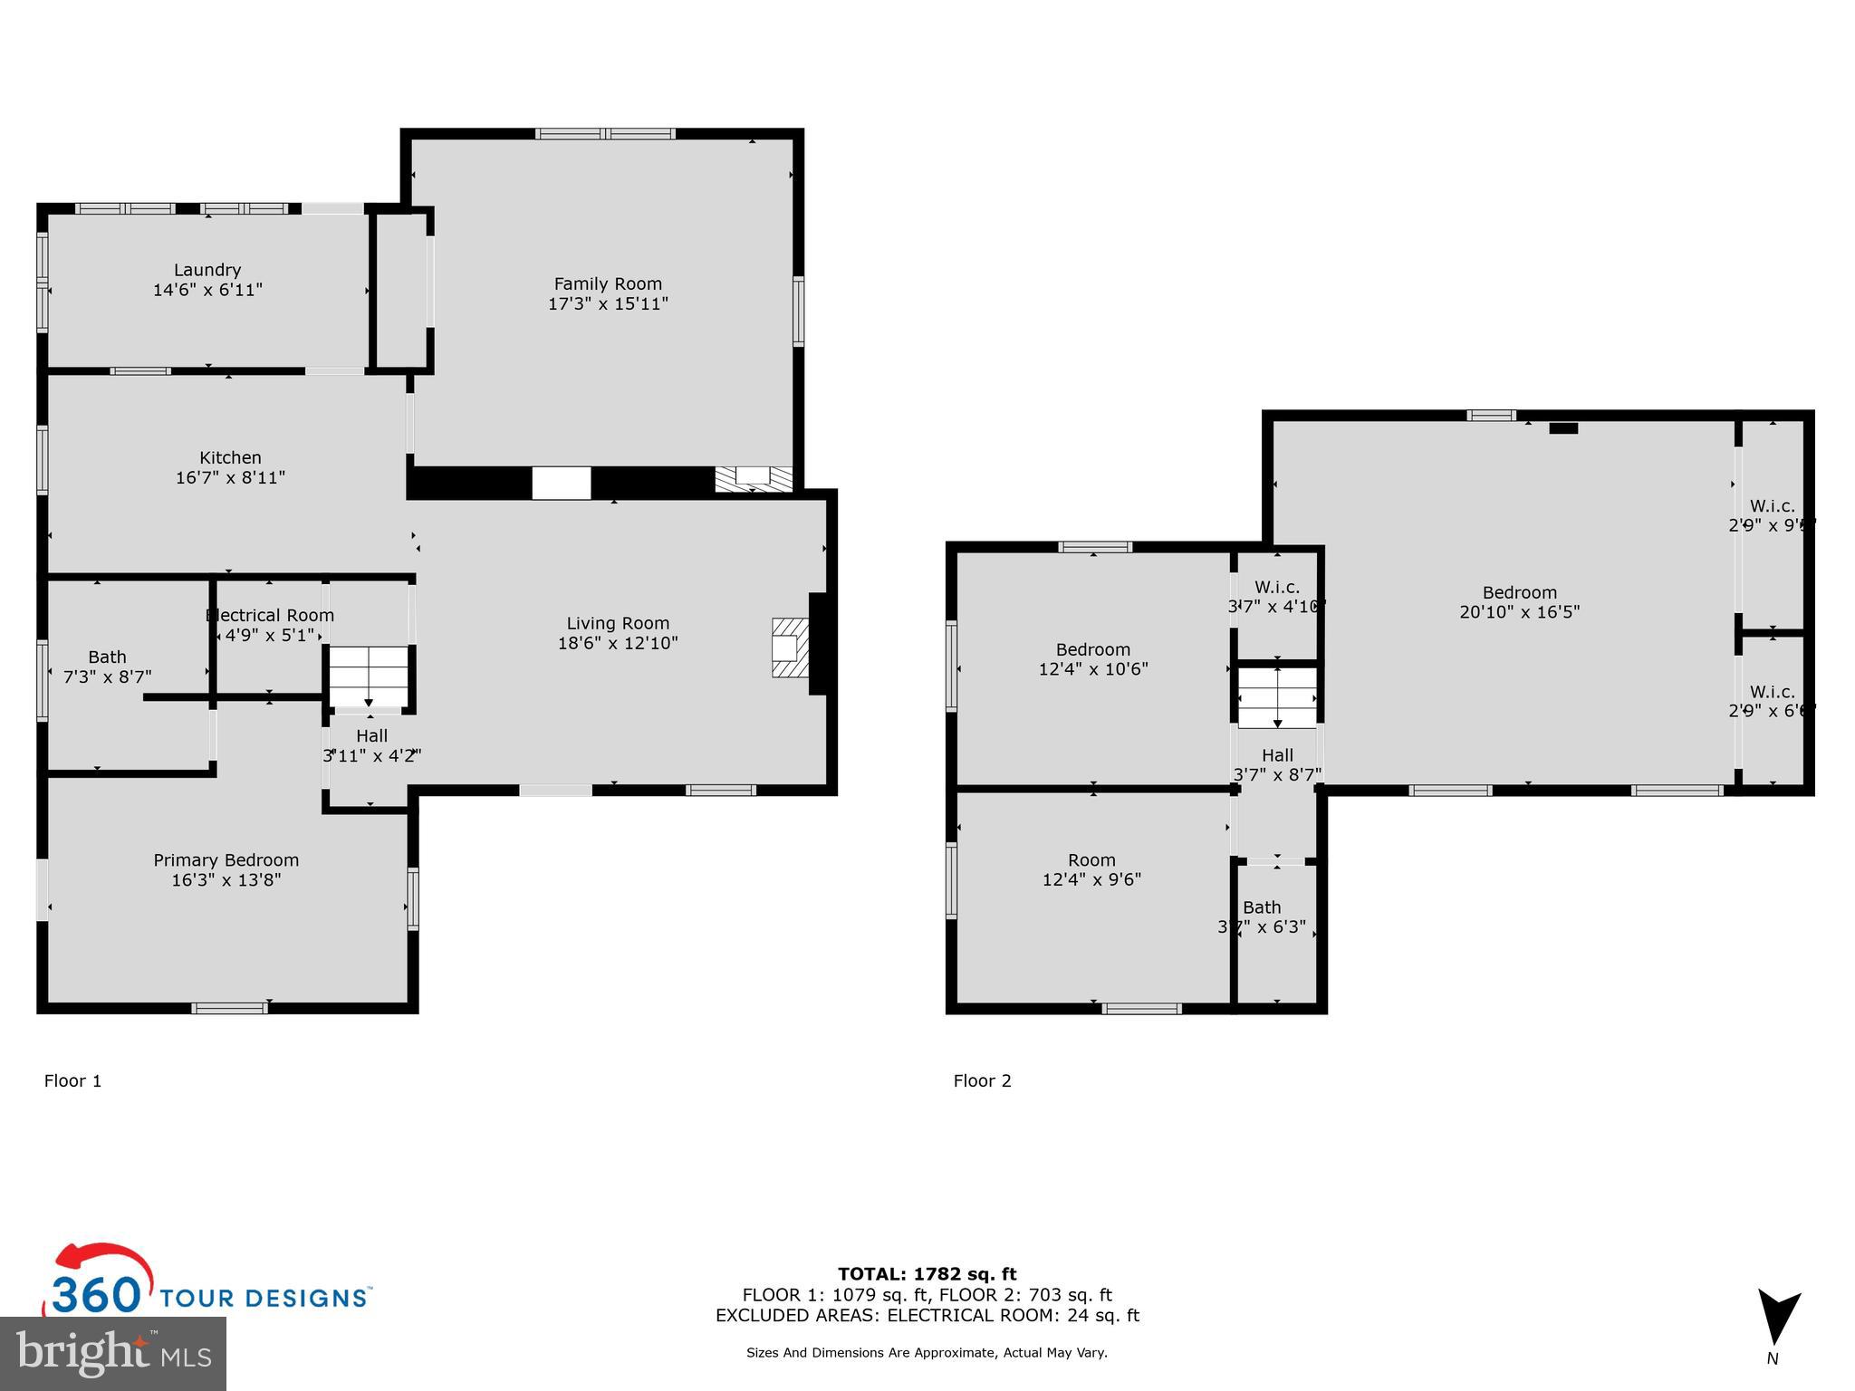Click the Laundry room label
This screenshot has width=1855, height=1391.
(x=207, y=270)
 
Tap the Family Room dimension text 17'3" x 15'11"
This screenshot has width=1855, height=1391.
(x=608, y=304)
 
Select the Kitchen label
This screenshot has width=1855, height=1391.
(x=230, y=458)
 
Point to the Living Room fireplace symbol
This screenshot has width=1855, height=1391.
(x=789, y=648)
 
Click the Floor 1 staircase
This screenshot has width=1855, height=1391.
(x=369, y=676)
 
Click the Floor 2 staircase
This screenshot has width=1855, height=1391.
(x=1277, y=697)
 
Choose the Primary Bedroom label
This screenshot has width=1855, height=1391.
(x=226, y=860)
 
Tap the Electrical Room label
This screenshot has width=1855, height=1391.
(x=270, y=616)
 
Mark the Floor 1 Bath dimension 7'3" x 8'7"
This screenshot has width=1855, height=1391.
(x=107, y=676)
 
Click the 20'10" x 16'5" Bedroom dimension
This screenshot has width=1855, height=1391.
(x=1519, y=612)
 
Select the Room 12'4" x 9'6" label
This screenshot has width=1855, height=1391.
(x=1091, y=869)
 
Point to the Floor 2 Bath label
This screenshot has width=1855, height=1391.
(x=1262, y=907)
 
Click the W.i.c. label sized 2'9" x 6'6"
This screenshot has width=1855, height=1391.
(x=1772, y=693)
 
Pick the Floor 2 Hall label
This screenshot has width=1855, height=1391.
(x=1277, y=755)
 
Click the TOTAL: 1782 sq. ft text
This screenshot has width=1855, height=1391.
(x=927, y=1274)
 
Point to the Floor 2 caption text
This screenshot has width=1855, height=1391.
(x=982, y=1080)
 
